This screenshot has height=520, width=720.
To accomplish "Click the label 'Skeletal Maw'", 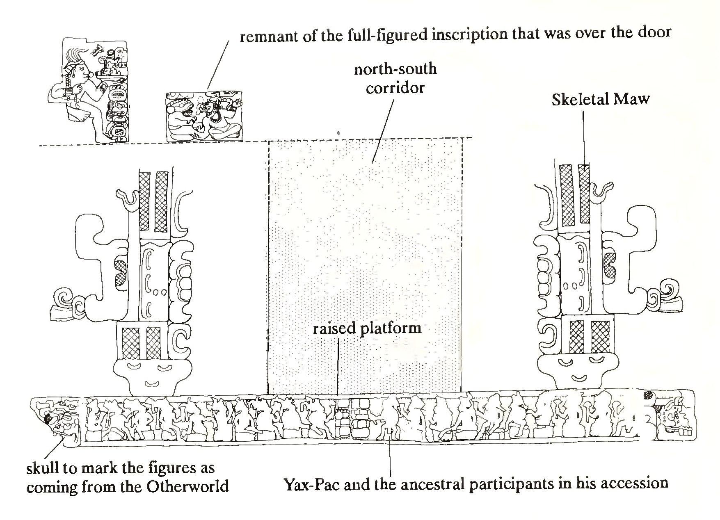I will point(600,100).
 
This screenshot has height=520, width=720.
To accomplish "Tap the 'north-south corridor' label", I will point(395,78).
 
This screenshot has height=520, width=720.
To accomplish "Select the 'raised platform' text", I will point(367,329).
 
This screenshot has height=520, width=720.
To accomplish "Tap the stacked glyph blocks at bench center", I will point(352,418).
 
